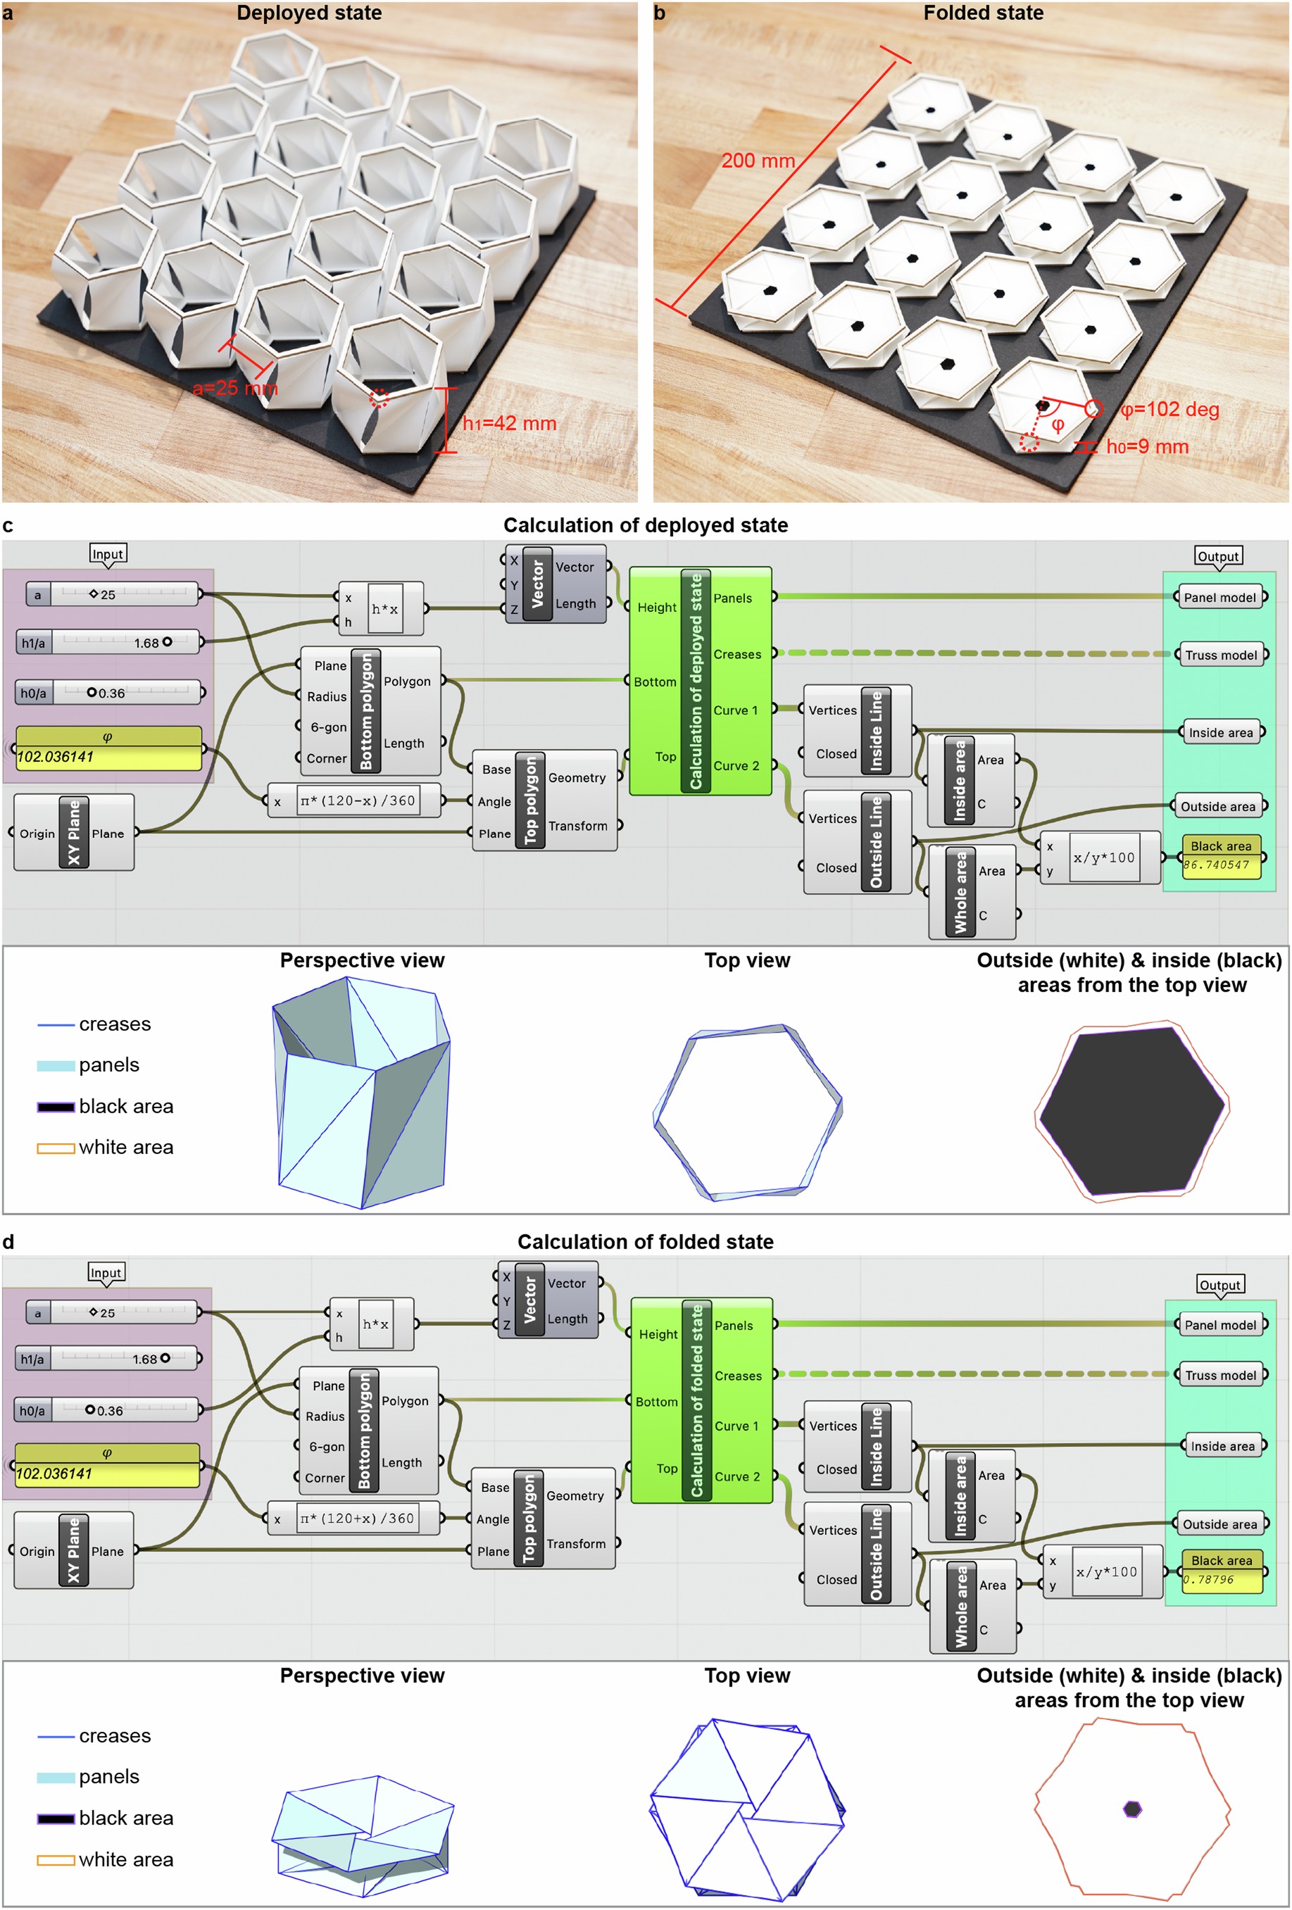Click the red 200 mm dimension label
tap(757, 161)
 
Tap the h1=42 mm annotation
tap(509, 423)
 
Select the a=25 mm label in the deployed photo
tap(234, 389)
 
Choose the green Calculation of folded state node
tap(701, 1400)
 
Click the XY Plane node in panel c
tap(74, 833)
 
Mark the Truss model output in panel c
tap(1219, 655)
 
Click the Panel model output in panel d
tap(1219, 1325)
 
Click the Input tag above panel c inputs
tap(108, 554)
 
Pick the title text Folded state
tap(982, 13)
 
